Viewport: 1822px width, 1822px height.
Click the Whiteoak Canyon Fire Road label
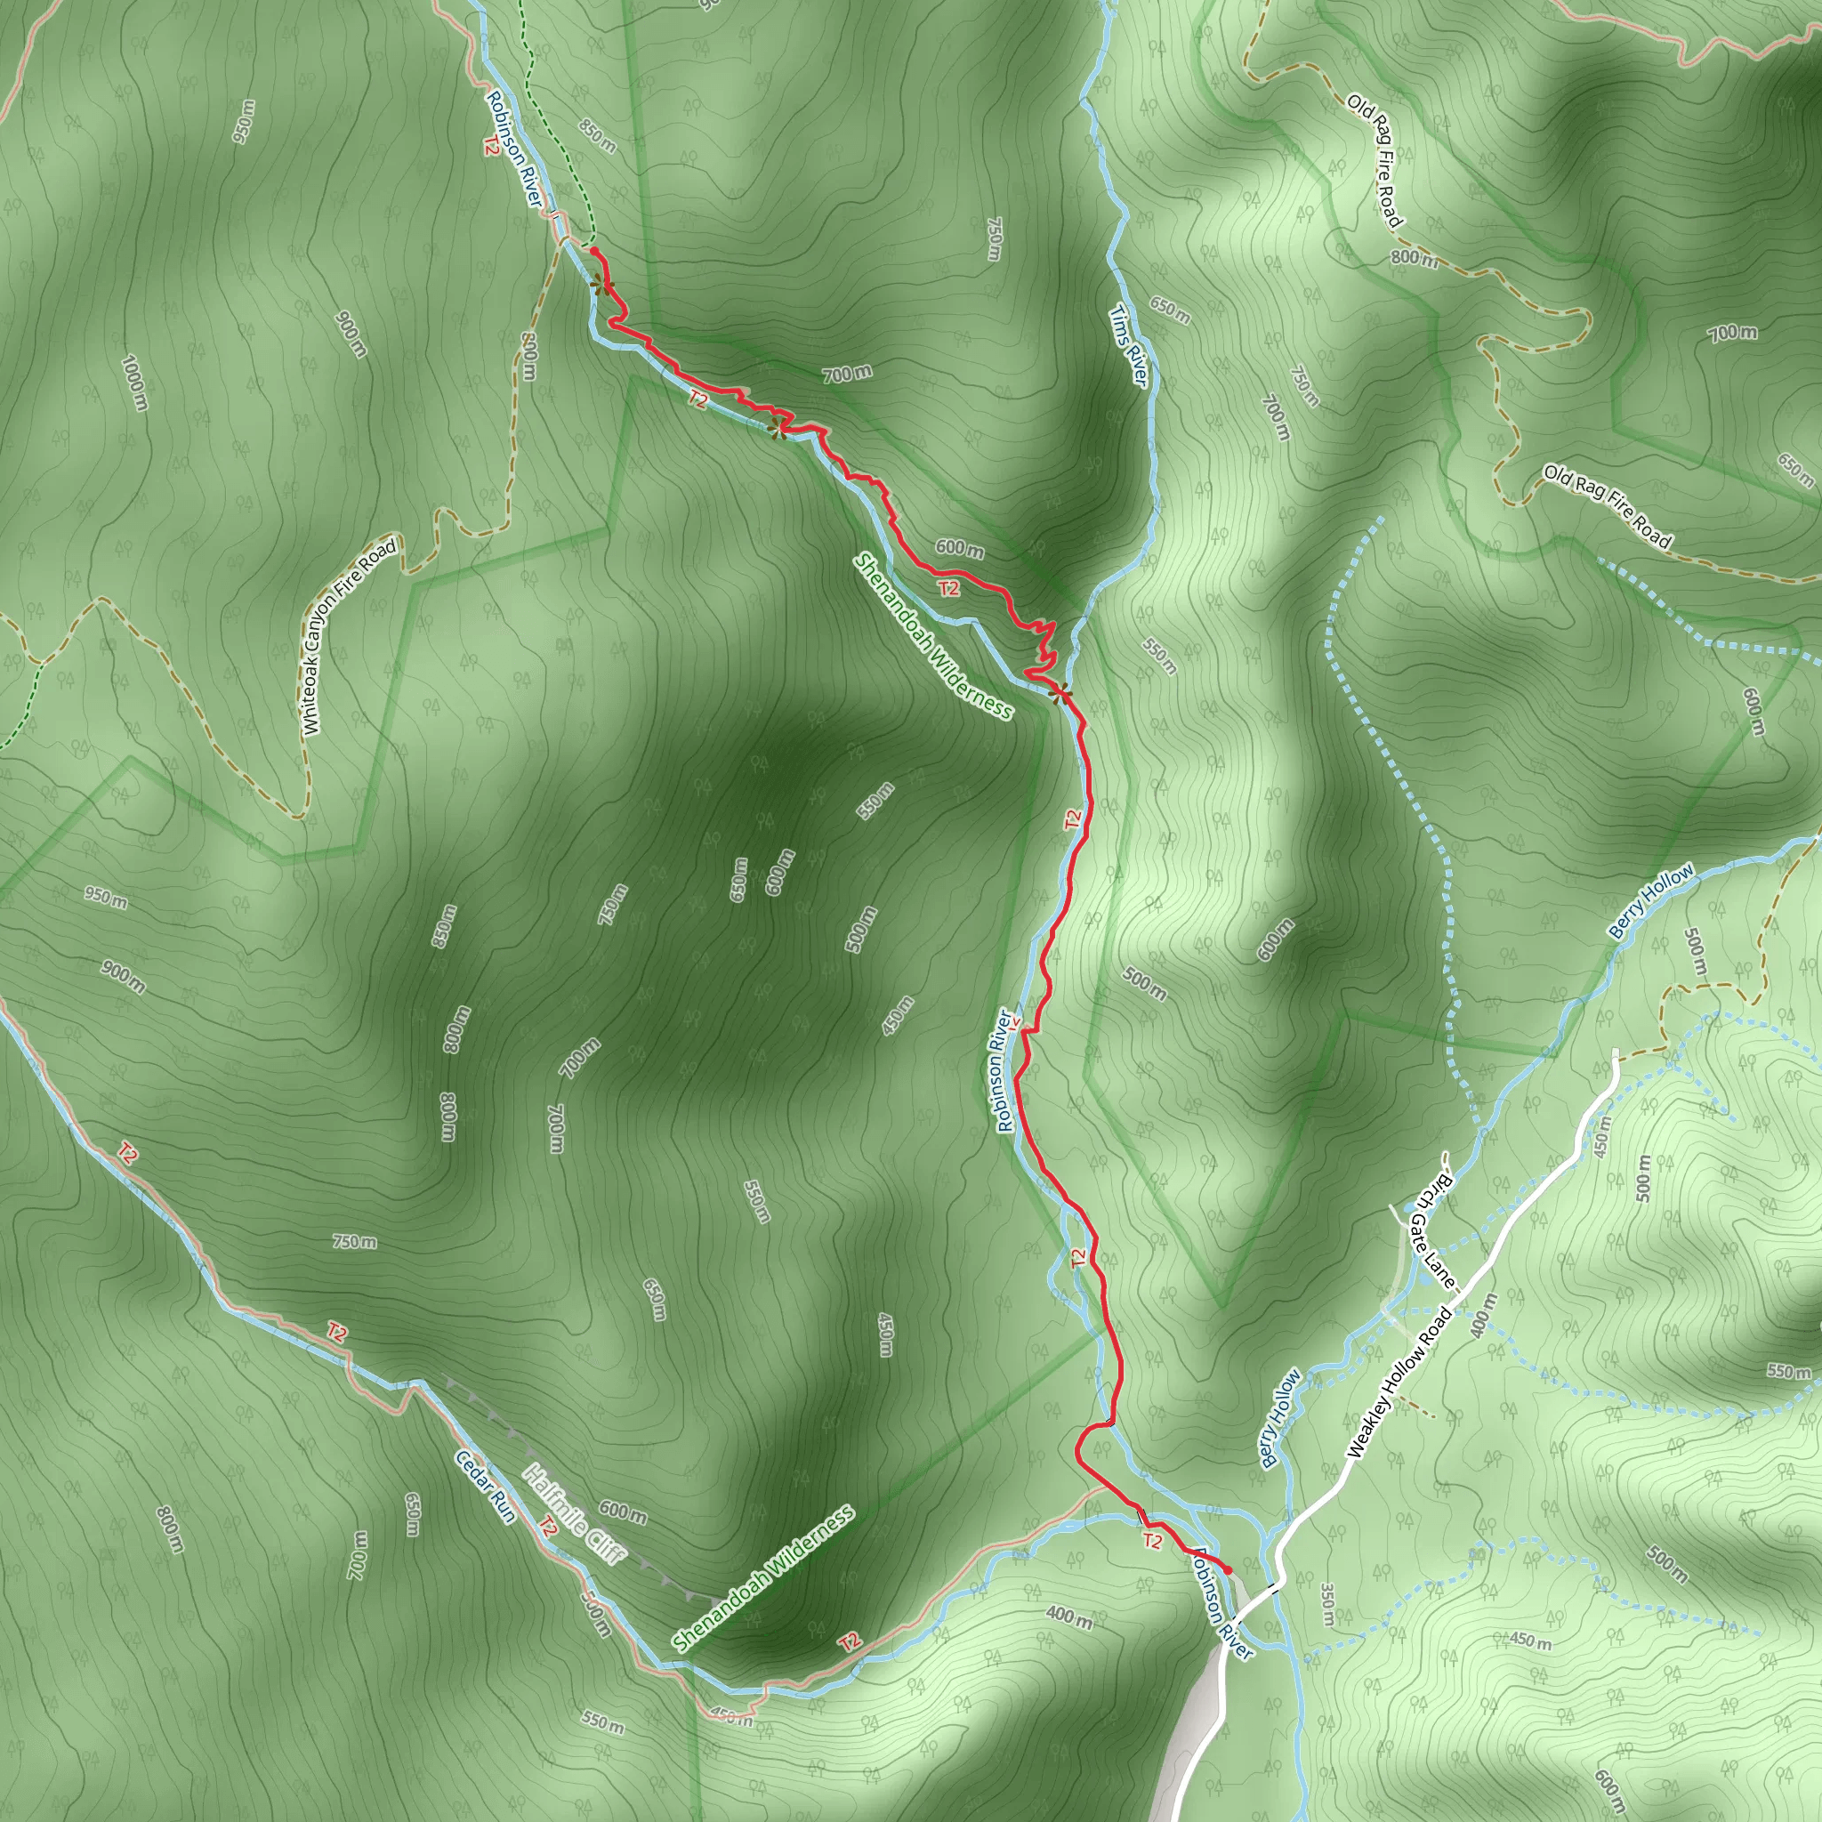350,637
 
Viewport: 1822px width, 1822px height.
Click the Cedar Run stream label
486,1487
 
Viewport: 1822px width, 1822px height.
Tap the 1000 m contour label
135,381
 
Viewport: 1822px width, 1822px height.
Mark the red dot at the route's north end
593,250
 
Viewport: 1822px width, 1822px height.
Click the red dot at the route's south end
1228,1569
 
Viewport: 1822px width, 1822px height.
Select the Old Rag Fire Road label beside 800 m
1375,160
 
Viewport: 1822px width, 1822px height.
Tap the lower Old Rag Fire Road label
1607,506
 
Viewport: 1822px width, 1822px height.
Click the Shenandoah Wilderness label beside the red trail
932,637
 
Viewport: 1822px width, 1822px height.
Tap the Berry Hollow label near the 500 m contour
1650,900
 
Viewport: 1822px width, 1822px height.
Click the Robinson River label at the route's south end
1221,1604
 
